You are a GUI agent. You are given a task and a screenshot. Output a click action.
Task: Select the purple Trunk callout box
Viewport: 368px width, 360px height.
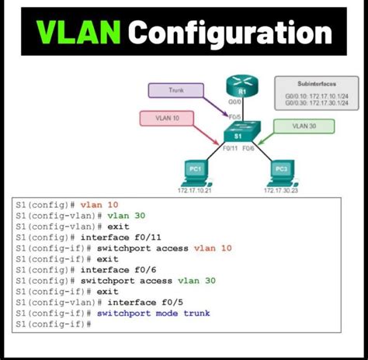pyautogui.click(x=176, y=91)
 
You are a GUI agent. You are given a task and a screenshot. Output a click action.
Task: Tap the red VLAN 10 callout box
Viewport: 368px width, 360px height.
pyautogui.click(x=167, y=119)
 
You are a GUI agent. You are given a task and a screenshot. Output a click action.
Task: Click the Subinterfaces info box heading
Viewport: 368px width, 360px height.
pyautogui.click(x=315, y=83)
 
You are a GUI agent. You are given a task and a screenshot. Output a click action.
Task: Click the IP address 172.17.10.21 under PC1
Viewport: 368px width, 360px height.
pyautogui.click(x=195, y=190)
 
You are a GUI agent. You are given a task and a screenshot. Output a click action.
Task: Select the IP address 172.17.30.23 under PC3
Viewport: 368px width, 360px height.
pyautogui.click(x=282, y=190)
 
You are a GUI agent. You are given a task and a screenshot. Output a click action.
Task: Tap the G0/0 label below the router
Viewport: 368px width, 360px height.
pyautogui.click(x=233, y=102)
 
